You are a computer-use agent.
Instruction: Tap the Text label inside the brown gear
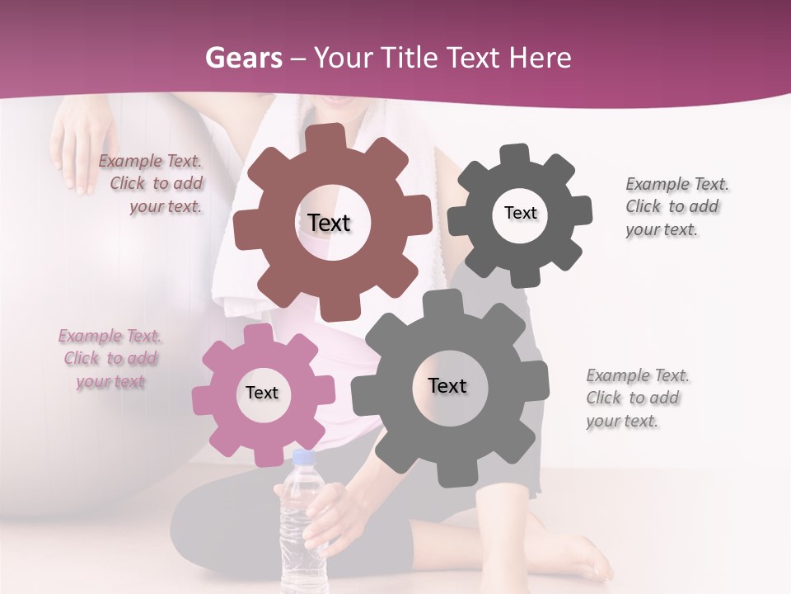[x=329, y=223]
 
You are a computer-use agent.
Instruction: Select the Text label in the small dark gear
[x=520, y=213]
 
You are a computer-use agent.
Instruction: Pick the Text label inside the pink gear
[x=262, y=393]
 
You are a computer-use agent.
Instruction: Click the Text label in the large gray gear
[x=447, y=385]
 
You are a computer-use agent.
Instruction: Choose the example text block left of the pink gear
[x=110, y=359]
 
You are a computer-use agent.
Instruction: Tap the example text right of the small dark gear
[x=676, y=206]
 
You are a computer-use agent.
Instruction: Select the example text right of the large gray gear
[x=636, y=398]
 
